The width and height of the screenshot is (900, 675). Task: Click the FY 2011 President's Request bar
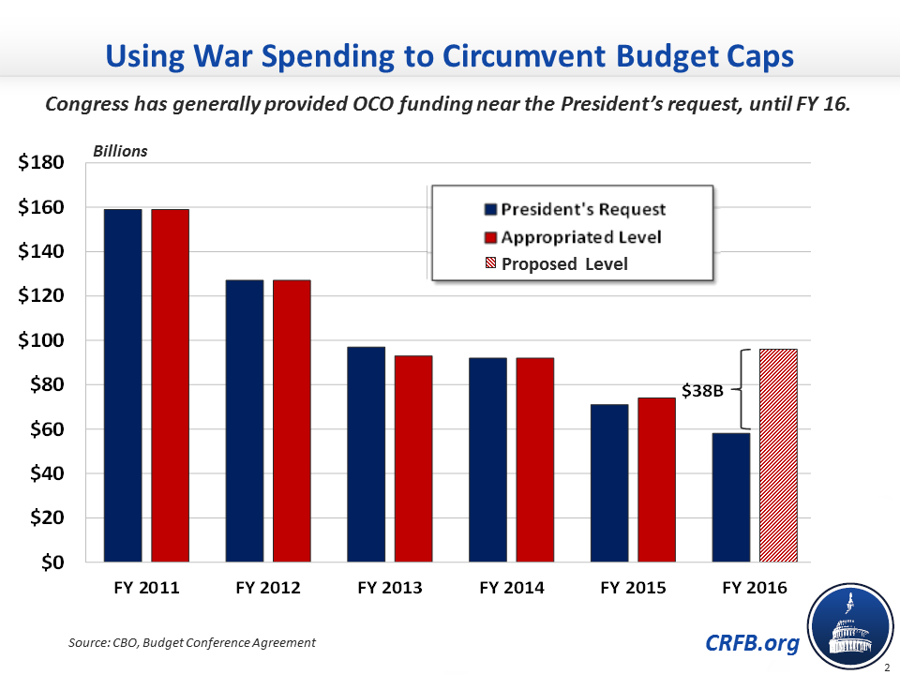[x=123, y=385]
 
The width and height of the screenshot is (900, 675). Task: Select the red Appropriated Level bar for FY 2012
[x=292, y=420]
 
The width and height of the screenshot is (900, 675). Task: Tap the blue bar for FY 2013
[x=367, y=454]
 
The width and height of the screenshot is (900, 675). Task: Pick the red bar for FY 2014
[x=534, y=459]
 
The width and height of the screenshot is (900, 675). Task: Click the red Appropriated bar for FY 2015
[x=656, y=479]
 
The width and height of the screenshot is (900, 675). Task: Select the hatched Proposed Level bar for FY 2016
[x=778, y=456]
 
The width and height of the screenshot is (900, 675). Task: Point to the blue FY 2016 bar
[x=731, y=497]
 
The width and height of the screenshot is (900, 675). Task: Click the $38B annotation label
[x=703, y=389]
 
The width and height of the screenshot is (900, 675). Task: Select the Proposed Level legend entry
[x=564, y=263]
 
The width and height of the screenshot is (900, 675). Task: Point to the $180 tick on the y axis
[x=42, y=163]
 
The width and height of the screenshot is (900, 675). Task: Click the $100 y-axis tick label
[x=42, y=340]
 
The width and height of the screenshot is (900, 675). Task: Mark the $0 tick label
[x=52, y=562]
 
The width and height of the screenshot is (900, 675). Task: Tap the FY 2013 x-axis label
[x=390, y=589]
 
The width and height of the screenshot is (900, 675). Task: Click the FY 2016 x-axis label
[x=755, y=589]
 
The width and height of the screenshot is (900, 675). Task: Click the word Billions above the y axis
[x=119, y=150]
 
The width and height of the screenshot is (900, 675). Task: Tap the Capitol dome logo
[x=852, y=626]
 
